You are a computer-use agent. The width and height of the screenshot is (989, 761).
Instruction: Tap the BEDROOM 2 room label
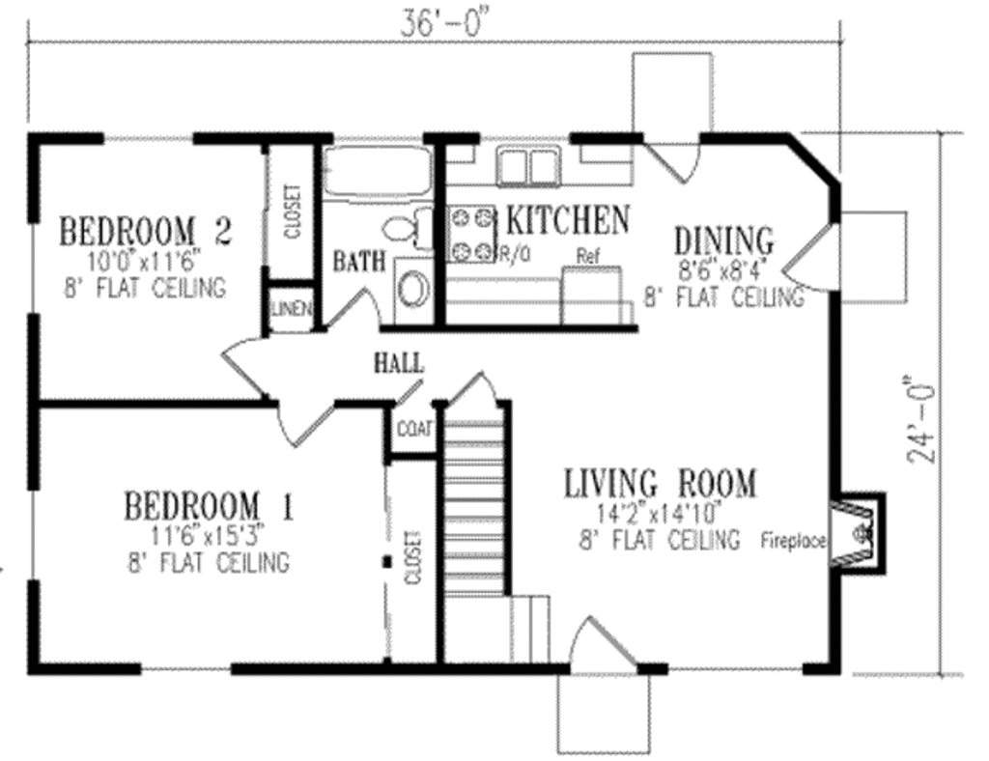147,232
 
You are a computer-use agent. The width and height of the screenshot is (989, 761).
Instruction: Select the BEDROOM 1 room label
210,505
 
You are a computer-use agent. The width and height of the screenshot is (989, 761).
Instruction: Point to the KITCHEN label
568,220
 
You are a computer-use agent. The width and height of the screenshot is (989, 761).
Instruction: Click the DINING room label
724,239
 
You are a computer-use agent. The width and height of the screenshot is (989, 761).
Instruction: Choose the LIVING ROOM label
661,482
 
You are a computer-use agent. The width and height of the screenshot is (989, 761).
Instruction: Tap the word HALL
399,363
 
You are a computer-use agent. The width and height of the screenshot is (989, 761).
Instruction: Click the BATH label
360,261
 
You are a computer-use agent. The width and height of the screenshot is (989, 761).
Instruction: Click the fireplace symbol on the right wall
858,532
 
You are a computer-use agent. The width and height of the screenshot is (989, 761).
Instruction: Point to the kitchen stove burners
470,234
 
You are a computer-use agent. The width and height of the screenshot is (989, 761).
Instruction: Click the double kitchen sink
527,168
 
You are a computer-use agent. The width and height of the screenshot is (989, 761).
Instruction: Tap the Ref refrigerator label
588,257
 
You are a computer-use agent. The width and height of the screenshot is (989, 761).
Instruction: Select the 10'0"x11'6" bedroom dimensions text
146,261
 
